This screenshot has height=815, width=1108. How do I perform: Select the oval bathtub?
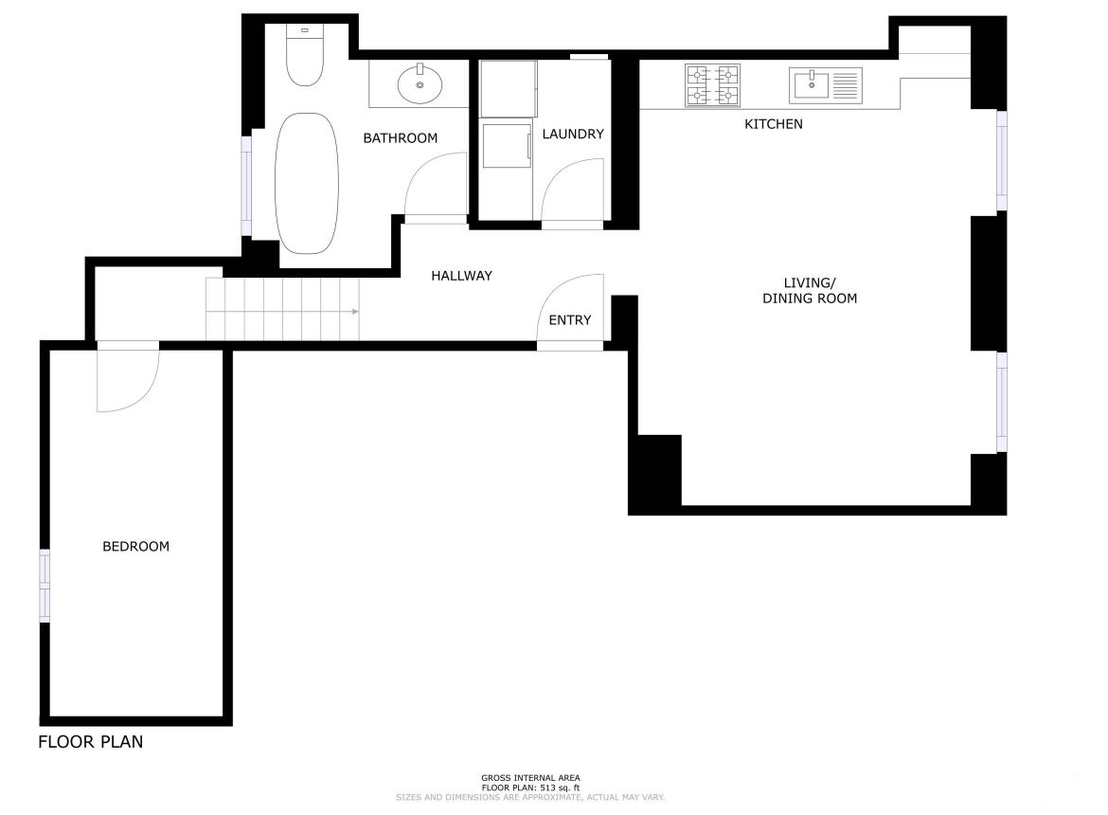pyautogui.click(x=306, y=183)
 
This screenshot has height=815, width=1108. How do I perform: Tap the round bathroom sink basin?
pyautogui.click(x=420, y=84)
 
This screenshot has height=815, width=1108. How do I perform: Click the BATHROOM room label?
pyautogui.click(x=400, y=137)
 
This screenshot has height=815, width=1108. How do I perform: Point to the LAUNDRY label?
pyautogui.click(x=573, y=134)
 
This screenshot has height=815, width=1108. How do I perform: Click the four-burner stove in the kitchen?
pyautogui.click(x=713, y=85)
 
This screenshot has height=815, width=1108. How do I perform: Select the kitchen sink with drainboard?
pyautogui.click(x=826, y=85)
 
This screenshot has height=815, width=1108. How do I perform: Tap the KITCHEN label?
pyautogui.click(x=773, y=124)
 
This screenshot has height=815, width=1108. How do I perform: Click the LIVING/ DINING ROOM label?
pyautogui.click(x=809, y=291)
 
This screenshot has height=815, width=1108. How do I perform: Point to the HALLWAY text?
pyautogui.click(x=461, y=276)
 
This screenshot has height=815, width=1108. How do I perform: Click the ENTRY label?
pyautogui.click(x=569, y=320)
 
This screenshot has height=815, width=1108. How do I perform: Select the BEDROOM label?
pyautogui.click(x=135, y=547)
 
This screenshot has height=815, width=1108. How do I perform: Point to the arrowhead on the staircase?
pyautogui.click(x=355, y=312)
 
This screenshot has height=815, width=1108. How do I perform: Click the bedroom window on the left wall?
pyautogui.click(x=44, y=586)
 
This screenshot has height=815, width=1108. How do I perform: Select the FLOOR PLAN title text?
pyautogui.click(x=91, y=741)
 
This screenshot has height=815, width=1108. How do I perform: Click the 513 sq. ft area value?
pyautogui.click(x=560, y=788)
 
